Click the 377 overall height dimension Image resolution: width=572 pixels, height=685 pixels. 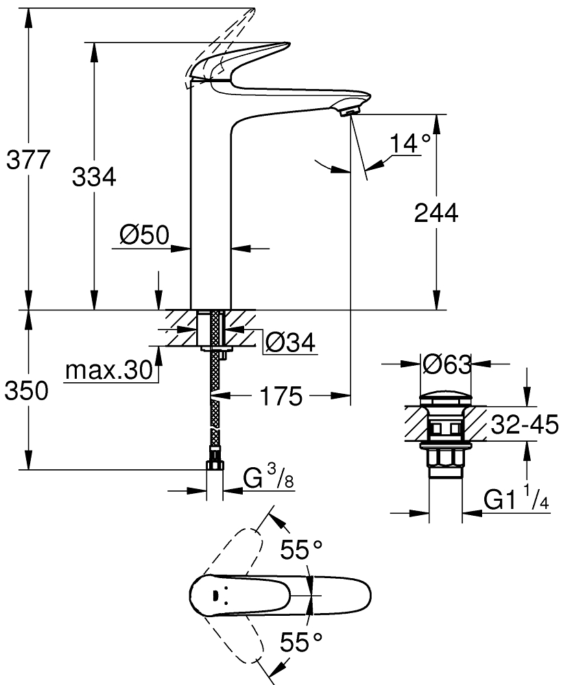[28, 160]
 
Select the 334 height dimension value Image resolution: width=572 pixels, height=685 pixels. [94, 177]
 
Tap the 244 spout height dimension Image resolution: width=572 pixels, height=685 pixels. [436, 213]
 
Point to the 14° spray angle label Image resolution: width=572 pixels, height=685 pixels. [409, 143]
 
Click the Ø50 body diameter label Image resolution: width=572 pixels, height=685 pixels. [144, 236]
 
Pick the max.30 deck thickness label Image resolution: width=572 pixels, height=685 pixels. [109, 371]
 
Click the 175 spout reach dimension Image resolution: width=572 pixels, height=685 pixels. [281, 396]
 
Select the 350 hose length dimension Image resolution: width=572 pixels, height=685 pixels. [27, 390]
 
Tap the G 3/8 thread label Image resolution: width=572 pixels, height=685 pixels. [268, 478]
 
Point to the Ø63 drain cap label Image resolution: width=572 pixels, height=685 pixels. [447, 364]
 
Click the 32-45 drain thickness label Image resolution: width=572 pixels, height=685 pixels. [524, 425]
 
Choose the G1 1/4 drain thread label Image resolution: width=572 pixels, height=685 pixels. [516, 499]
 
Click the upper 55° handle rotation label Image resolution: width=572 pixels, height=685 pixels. [301, 549]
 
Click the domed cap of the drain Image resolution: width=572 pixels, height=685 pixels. [446, 399]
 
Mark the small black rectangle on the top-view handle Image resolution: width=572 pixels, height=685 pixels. [215, 595]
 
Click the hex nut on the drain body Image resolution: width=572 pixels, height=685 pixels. [446, 459]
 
